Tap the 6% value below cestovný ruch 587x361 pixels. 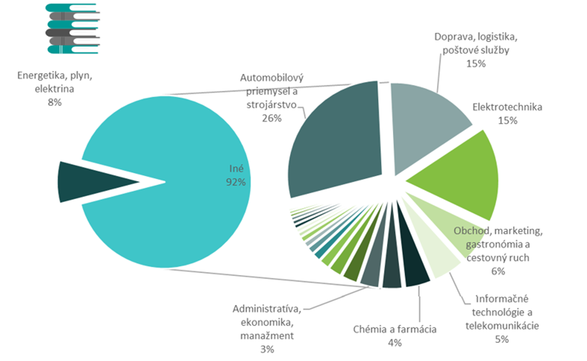[497, 271]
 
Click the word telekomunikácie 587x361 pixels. [502, 326]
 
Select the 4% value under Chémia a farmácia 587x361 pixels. [394, 342]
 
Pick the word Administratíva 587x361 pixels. [266, 309]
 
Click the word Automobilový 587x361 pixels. [269, 78]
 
